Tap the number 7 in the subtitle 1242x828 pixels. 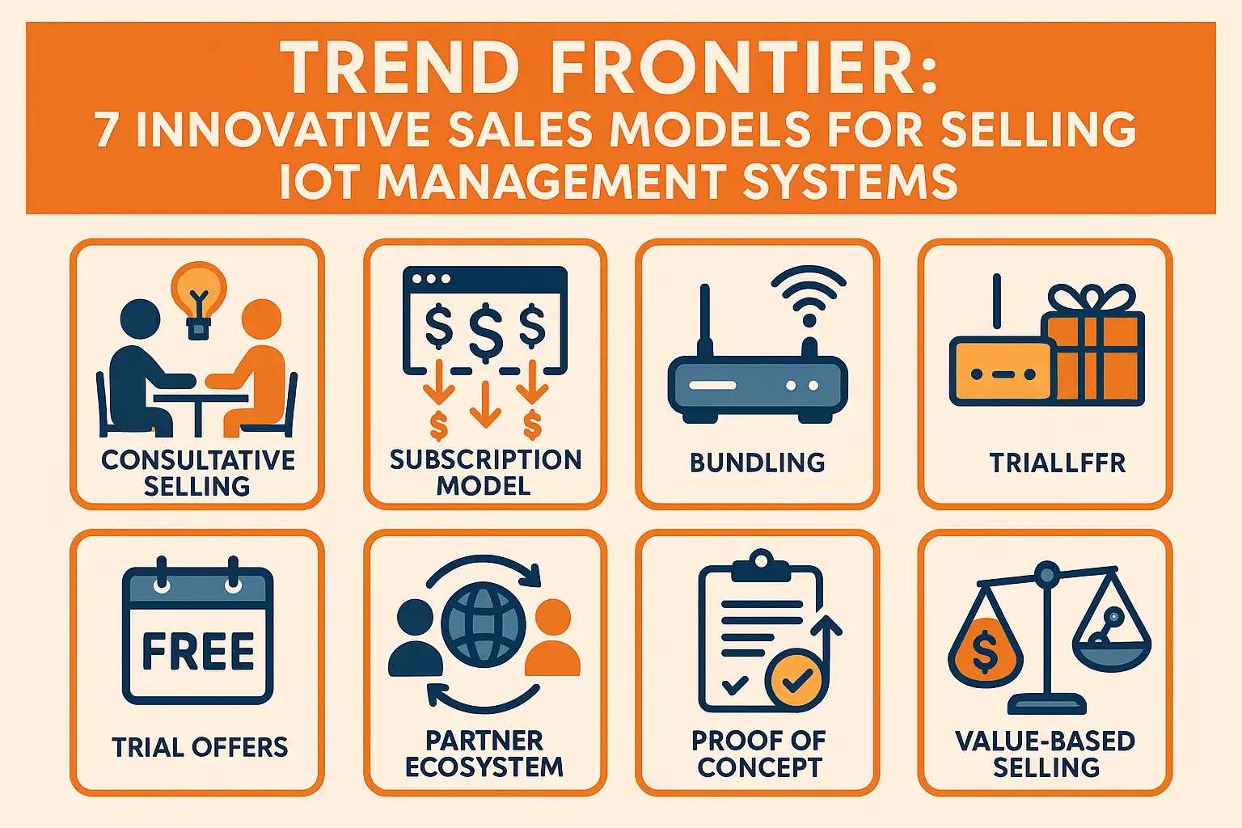106,129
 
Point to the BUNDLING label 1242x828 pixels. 758,463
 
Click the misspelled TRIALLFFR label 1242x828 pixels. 1058,463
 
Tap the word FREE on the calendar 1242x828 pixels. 198,651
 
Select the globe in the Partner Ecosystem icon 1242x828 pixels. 484,624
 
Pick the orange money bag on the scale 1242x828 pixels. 986,648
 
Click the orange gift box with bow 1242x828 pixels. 1092,343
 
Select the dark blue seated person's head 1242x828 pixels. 140,319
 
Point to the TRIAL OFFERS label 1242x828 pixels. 201,747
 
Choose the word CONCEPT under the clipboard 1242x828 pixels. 759,767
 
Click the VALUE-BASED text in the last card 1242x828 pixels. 1046,741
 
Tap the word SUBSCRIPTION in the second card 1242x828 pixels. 486,460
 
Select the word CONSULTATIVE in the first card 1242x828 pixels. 198,460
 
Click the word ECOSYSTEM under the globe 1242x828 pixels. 484,767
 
